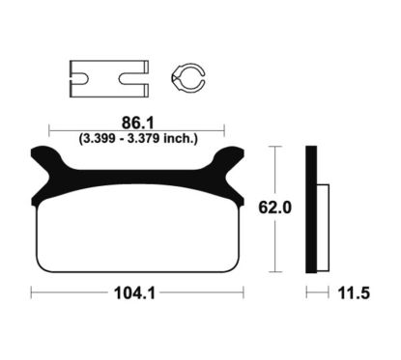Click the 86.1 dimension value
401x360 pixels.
pos(138,123)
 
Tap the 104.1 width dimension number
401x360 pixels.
pos(134,293)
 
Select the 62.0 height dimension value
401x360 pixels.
pos(274,208)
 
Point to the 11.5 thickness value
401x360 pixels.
pos(354,293)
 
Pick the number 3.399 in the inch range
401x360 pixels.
pos(99,138)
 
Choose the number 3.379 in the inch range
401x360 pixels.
pos(143,138)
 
